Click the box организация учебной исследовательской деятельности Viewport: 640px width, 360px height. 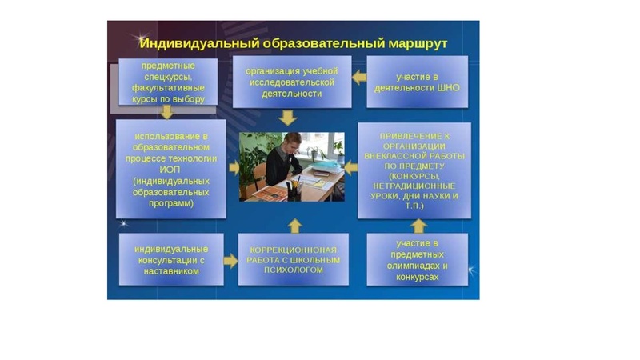click(291, 82)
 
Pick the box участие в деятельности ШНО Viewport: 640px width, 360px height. click(416, 82)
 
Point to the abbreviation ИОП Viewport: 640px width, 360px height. click(170, 170)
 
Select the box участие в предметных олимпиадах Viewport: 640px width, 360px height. click(417, 259)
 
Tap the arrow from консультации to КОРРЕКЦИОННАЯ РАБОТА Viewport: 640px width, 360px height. click(230, 260)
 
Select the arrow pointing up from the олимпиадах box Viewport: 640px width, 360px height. click(417, 226)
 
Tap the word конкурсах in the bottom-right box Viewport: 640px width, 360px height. click(417, 276)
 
